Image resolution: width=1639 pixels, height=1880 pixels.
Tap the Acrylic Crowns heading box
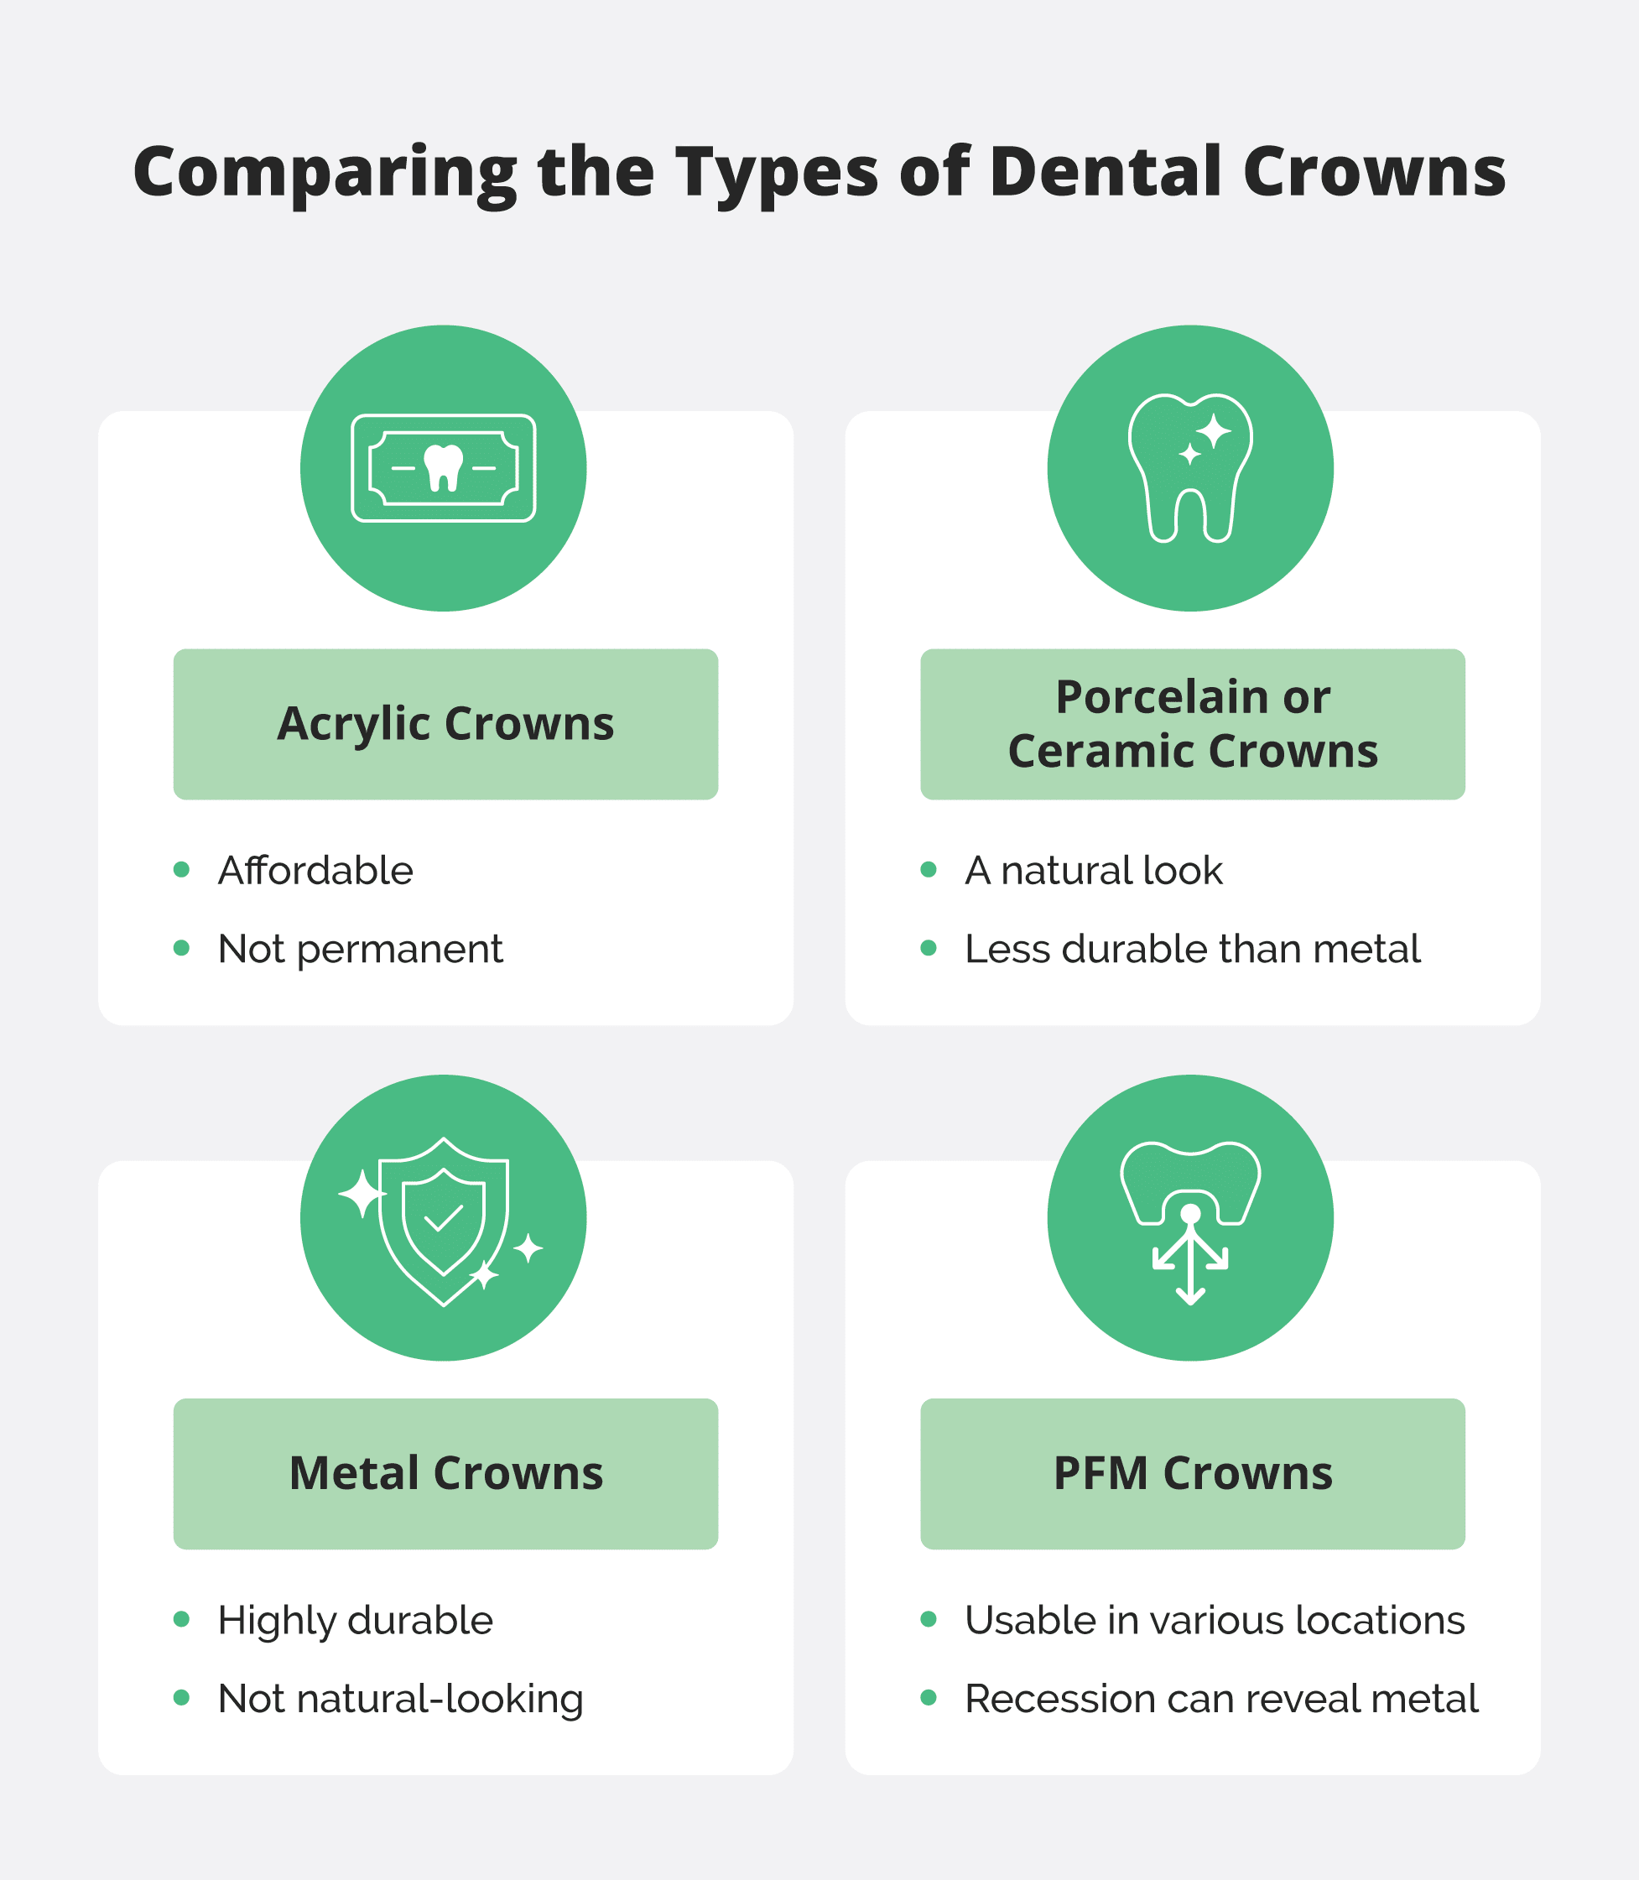445,724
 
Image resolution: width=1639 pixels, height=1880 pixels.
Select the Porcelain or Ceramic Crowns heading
1192,724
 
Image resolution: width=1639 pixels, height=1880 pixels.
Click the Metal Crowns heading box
445,1474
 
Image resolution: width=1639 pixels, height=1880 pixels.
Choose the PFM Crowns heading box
1192,1474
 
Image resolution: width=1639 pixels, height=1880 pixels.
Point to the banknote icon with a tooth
444,468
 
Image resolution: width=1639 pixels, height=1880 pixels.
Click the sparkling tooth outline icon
1190,468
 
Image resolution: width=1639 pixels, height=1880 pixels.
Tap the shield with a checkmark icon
444,1221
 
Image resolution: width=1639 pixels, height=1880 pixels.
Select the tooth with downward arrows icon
1190,1221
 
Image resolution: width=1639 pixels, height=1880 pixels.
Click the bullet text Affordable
315,870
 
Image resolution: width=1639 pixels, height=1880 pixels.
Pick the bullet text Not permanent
361,949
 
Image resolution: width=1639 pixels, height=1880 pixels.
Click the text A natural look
1093,870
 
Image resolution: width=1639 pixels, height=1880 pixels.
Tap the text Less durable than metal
1192,949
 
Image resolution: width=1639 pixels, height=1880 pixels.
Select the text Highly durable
355,1620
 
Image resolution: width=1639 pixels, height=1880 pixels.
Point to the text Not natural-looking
400,1699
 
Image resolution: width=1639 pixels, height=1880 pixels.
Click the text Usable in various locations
1215,1620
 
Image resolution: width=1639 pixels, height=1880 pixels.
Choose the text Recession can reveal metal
1221,1699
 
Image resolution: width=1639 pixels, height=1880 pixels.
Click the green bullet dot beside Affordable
181,869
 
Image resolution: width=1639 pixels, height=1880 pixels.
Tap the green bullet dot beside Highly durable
181,1619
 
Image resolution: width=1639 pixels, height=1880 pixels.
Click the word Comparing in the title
325,173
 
